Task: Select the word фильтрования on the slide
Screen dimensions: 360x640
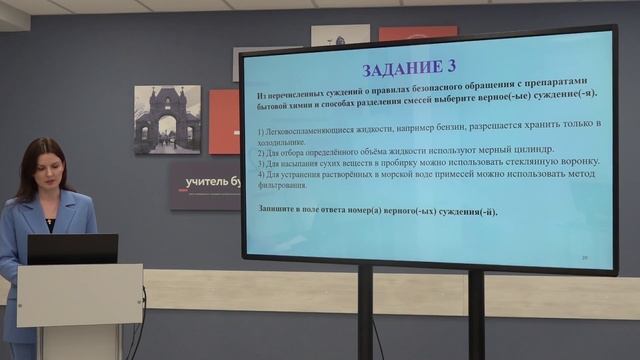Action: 287,185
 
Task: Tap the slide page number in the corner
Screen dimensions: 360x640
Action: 584,257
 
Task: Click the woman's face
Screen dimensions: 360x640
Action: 44,170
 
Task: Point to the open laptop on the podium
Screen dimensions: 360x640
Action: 72,249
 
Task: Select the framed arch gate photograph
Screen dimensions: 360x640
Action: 167,119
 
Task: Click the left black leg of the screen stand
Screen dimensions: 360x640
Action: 365,315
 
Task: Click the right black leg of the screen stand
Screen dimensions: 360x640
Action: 476,315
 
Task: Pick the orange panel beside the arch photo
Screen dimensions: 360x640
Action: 224,121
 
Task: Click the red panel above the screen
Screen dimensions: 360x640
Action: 417,33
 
